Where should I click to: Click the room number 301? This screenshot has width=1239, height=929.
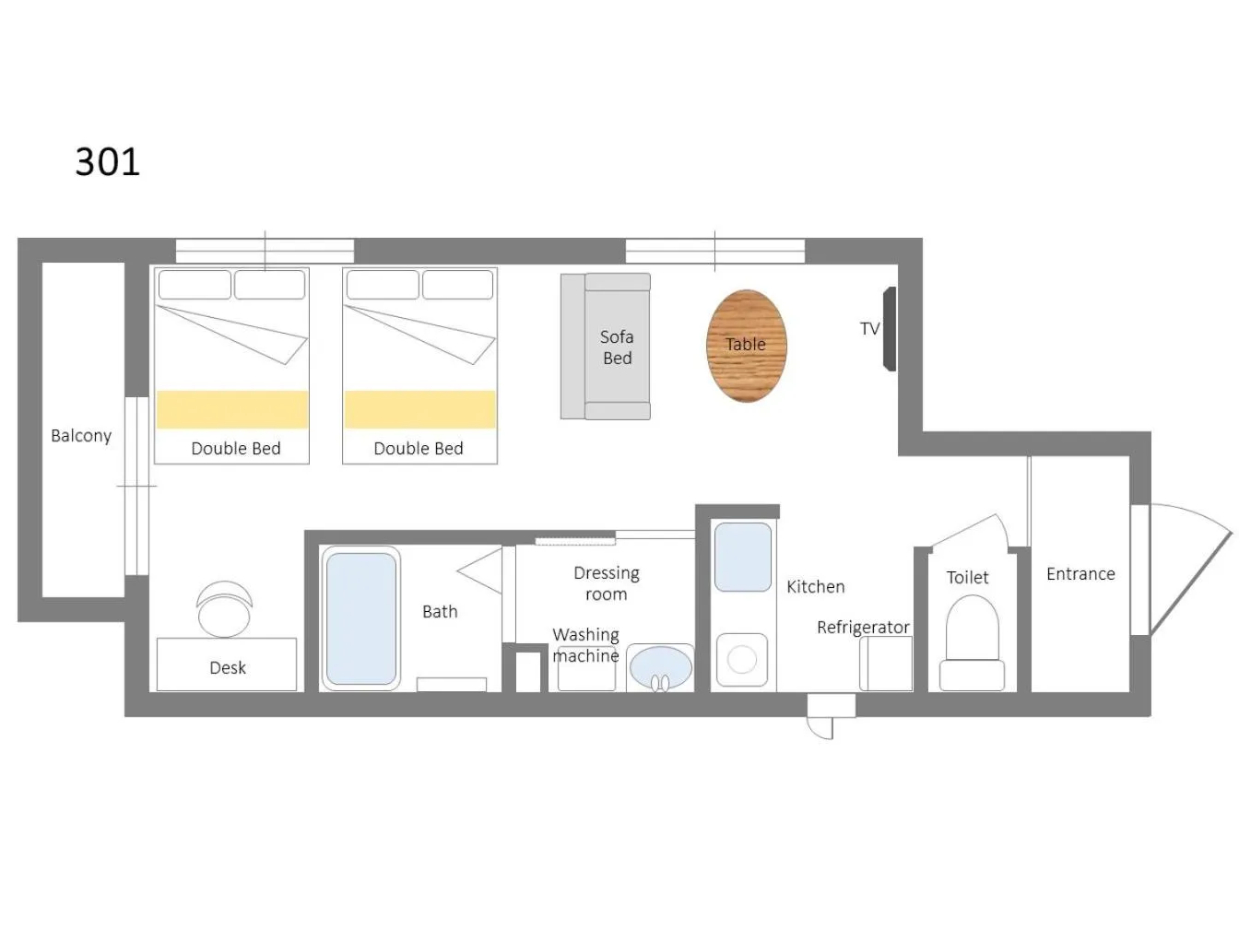pyautogui.click(x=107, y=162)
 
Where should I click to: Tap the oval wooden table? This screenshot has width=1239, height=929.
pyautogui.click(x=746, y=346)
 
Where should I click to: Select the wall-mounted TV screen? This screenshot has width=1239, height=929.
pyautogui.click(x=890, y=328)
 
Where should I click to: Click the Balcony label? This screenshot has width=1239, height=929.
pyautogui.click(x=81, y=435)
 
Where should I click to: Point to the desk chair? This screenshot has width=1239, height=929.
pyautogui.click(x=224, y=608)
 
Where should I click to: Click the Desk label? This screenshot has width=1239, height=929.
pyautogui.click(x=228, y=668)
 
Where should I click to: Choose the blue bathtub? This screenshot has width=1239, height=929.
pyautogui.click(x=361, y=618)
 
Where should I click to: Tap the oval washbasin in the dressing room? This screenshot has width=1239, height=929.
pyautogui.click(x=660, y=666)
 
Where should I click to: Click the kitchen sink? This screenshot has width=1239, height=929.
pyautogui.click(x=743, y=557)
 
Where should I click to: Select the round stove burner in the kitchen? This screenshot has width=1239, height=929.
pyautogui.click(x=742, y=659)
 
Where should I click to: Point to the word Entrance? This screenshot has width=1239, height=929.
pyautogui.click(x=1080, y=573)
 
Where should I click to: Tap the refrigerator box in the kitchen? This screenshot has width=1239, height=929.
pyautogui.click(x=886, y=664)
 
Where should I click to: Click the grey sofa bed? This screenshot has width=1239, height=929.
pyautogui.click(x=605, y=347)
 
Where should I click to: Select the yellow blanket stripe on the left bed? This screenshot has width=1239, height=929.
pyautogui.click(x=232, y=409)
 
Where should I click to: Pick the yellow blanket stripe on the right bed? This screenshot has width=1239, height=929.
pyautogui.click(x=420, y=409)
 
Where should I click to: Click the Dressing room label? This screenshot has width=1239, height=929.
pyautogui.click(x=607, y=583)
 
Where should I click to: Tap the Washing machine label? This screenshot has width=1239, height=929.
pyautogui.click(x=586, y=645)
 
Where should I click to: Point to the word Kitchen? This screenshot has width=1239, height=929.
pyautogui.click(x=816, y=587)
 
